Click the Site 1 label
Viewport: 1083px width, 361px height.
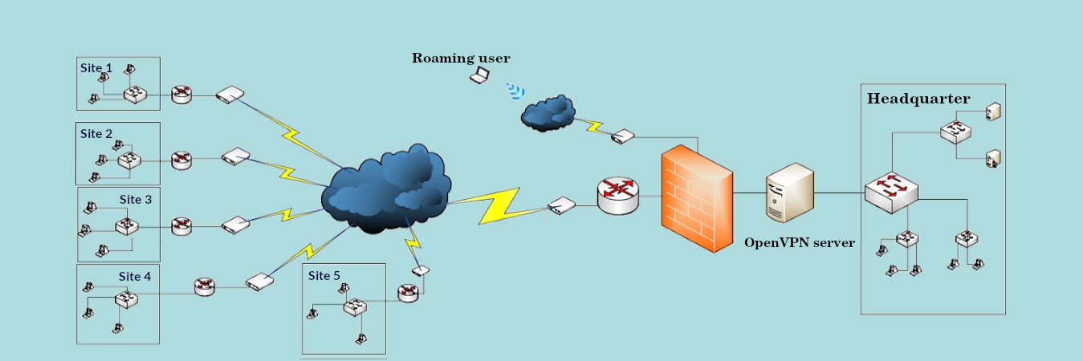pyautogui.click(x=96, y=68)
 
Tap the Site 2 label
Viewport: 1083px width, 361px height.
pyautogui.click(x=96, y=134)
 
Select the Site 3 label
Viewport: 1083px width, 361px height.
pyautogui.click(x=136, y=200)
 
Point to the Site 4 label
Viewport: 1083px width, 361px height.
pyautogui.click(x=135, y=277)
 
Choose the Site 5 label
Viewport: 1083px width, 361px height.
pyautogui.click(x=324, y=275)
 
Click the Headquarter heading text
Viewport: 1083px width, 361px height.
pyautogui.click(x=918, y=99)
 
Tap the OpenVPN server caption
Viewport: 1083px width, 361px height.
pyautogui.click(x=799, y=242)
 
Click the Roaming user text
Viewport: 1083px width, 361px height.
pyautogui.click(x=461, y=58)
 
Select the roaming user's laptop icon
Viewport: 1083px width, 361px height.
pyautogui.click(x=479, y=75)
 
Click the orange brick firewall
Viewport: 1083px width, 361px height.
pyautogui.click(x=697, y=198)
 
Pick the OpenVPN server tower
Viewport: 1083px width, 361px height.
pyautogui.click(x=789, y=193)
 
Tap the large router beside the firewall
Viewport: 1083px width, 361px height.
pyautogui.click(x=618, y=196)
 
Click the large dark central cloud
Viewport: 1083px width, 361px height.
pyautogui.click(x=386, y=189)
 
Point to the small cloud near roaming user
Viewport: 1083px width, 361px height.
pyautogui.click(x=548, y=113)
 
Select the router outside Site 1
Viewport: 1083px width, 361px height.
pyautogui.click(x=181, y=94)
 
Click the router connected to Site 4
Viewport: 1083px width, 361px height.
pyautogui.click(x=205, y=286)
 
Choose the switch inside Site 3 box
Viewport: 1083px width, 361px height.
pyautogui.click(x=127, y=226)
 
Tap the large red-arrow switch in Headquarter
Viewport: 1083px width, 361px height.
pyautogui.click(x=891, y=192)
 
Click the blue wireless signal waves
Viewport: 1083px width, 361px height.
pyautogui.click(x=516, y=91)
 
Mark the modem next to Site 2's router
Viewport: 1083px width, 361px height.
pyautogui.click(x=235, y=156)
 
